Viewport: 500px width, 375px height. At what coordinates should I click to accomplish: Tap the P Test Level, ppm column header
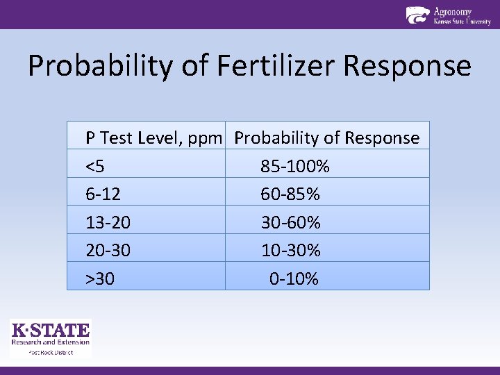154,138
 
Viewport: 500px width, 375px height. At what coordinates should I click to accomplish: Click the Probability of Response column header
327,138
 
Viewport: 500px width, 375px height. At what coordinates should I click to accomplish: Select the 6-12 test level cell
103,194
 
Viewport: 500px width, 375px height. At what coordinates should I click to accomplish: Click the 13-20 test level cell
108,223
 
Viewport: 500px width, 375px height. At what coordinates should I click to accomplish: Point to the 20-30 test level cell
108,250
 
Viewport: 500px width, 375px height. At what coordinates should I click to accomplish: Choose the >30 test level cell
100,279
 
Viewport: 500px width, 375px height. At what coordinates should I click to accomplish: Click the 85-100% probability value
295,167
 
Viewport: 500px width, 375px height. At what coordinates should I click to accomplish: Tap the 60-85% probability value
290,194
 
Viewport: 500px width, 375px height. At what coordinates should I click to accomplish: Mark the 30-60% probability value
290,223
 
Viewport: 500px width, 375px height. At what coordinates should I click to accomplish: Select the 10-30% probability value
290,250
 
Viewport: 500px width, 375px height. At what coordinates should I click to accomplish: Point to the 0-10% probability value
294,279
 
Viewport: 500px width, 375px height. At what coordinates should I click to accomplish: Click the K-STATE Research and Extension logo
50,333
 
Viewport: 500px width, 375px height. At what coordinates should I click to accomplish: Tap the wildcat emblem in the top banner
417,15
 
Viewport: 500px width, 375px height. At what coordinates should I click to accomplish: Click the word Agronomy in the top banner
453,11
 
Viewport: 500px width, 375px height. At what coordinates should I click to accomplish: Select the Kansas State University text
462,22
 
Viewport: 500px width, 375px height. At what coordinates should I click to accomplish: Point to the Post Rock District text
50,352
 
